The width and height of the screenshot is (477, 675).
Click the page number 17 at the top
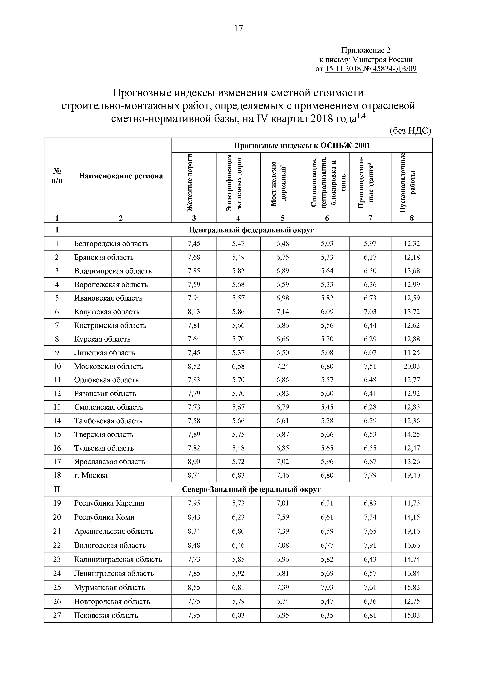(x=238, y=28)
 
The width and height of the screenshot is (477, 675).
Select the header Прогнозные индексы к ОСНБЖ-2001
(x=302, y=145)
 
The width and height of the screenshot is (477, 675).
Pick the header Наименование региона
(x=121, y=176)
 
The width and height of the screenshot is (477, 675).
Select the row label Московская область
(x=109, y=366)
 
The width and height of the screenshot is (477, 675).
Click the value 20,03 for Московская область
(x=411, y=366)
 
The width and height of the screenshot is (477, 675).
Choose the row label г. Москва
(x=91, y=475)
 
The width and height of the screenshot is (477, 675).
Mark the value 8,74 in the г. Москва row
(x=194, y=475)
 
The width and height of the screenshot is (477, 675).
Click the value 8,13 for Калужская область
(x=194, y=312)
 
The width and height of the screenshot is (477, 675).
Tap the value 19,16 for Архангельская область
(x=411, y=531)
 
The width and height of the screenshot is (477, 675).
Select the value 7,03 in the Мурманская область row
(x=327, y=587)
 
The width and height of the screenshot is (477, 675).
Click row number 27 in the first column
(x=57, y=615)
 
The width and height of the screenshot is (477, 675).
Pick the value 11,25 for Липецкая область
(x=411, y=353)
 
